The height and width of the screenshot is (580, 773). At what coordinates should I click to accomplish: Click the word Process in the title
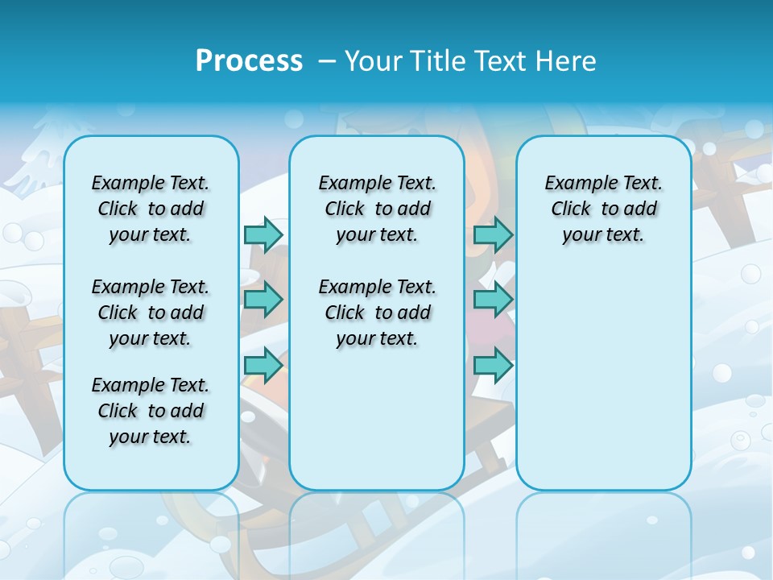point(249,60)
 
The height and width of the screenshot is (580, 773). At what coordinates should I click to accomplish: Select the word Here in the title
point(566,60)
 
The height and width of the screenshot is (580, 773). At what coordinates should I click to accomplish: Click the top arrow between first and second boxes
point(263,234)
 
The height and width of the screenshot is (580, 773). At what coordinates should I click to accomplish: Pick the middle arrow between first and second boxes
point(263,300)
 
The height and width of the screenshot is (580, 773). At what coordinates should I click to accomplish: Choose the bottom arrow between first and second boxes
point(263,365)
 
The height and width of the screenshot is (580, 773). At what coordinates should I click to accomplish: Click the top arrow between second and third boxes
point(493,234)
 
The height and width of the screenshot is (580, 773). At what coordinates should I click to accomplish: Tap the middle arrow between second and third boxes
point(493,300)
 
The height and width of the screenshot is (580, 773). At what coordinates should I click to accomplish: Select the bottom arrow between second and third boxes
point(493,365)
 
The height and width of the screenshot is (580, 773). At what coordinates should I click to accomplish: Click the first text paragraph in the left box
point(151,209)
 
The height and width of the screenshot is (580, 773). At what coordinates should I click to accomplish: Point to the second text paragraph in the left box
point(151,313)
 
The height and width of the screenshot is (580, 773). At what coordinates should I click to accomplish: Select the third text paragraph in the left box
point(151,411)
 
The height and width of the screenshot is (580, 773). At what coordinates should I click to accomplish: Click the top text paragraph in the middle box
point(377,209)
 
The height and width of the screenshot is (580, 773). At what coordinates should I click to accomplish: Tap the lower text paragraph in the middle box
point(377,313)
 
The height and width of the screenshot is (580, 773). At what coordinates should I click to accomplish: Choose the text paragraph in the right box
point(603,209)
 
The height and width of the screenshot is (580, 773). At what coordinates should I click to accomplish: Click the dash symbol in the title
point(328,61)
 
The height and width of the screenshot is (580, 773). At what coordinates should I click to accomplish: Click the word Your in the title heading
point(374,60)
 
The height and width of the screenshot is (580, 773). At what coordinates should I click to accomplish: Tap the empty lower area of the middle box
point(377,419)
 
